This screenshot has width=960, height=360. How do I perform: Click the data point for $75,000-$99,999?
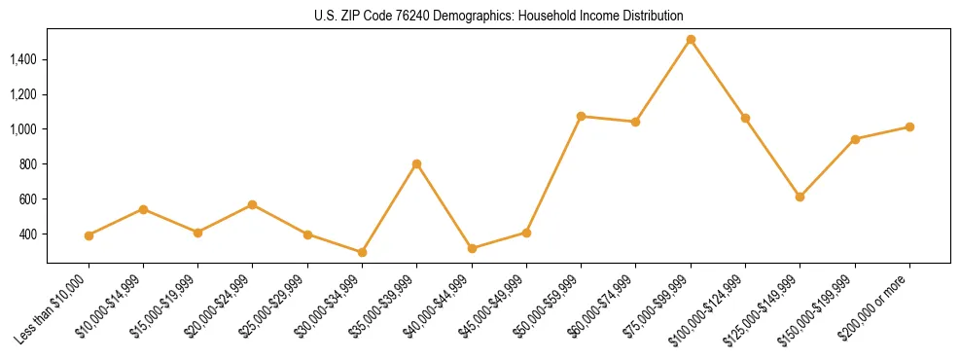(691, 40)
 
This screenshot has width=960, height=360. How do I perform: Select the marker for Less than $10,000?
(89, 235)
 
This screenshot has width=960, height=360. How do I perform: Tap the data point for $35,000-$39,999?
(416, 163)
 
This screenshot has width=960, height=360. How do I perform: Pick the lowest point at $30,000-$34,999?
(362, 252)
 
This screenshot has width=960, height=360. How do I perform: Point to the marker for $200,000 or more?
(909, 126)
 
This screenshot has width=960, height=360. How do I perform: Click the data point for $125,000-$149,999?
(800, 197)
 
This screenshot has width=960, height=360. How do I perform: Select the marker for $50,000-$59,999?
(581, 116)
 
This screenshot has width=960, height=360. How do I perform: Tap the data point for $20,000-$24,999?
(253, 204)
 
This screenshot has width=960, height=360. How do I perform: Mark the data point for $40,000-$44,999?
(472, 248)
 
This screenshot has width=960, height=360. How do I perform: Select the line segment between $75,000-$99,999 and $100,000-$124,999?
(718, 79)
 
